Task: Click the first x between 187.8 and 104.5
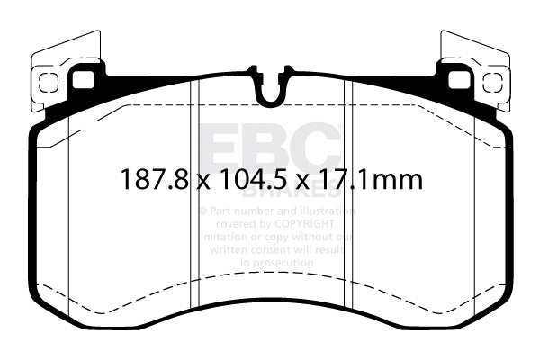coord(203,182)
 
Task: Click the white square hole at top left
coord(84,79)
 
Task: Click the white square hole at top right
coord(458,79)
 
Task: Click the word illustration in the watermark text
coord(325,210)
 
